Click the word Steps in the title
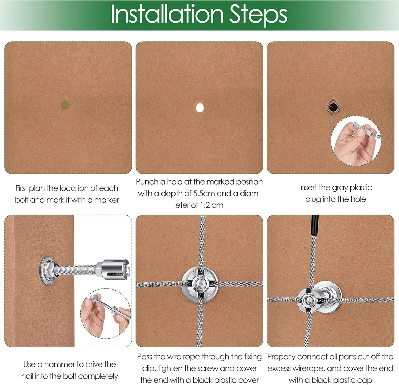click(x=258, y=15)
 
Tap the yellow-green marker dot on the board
click(x=65, y=105)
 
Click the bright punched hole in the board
click(x=199, y=108)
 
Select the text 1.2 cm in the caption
click(x=212, y=205)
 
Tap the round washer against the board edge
click(x=46, y=271)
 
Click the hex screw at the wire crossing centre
click(x=199, y=282)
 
